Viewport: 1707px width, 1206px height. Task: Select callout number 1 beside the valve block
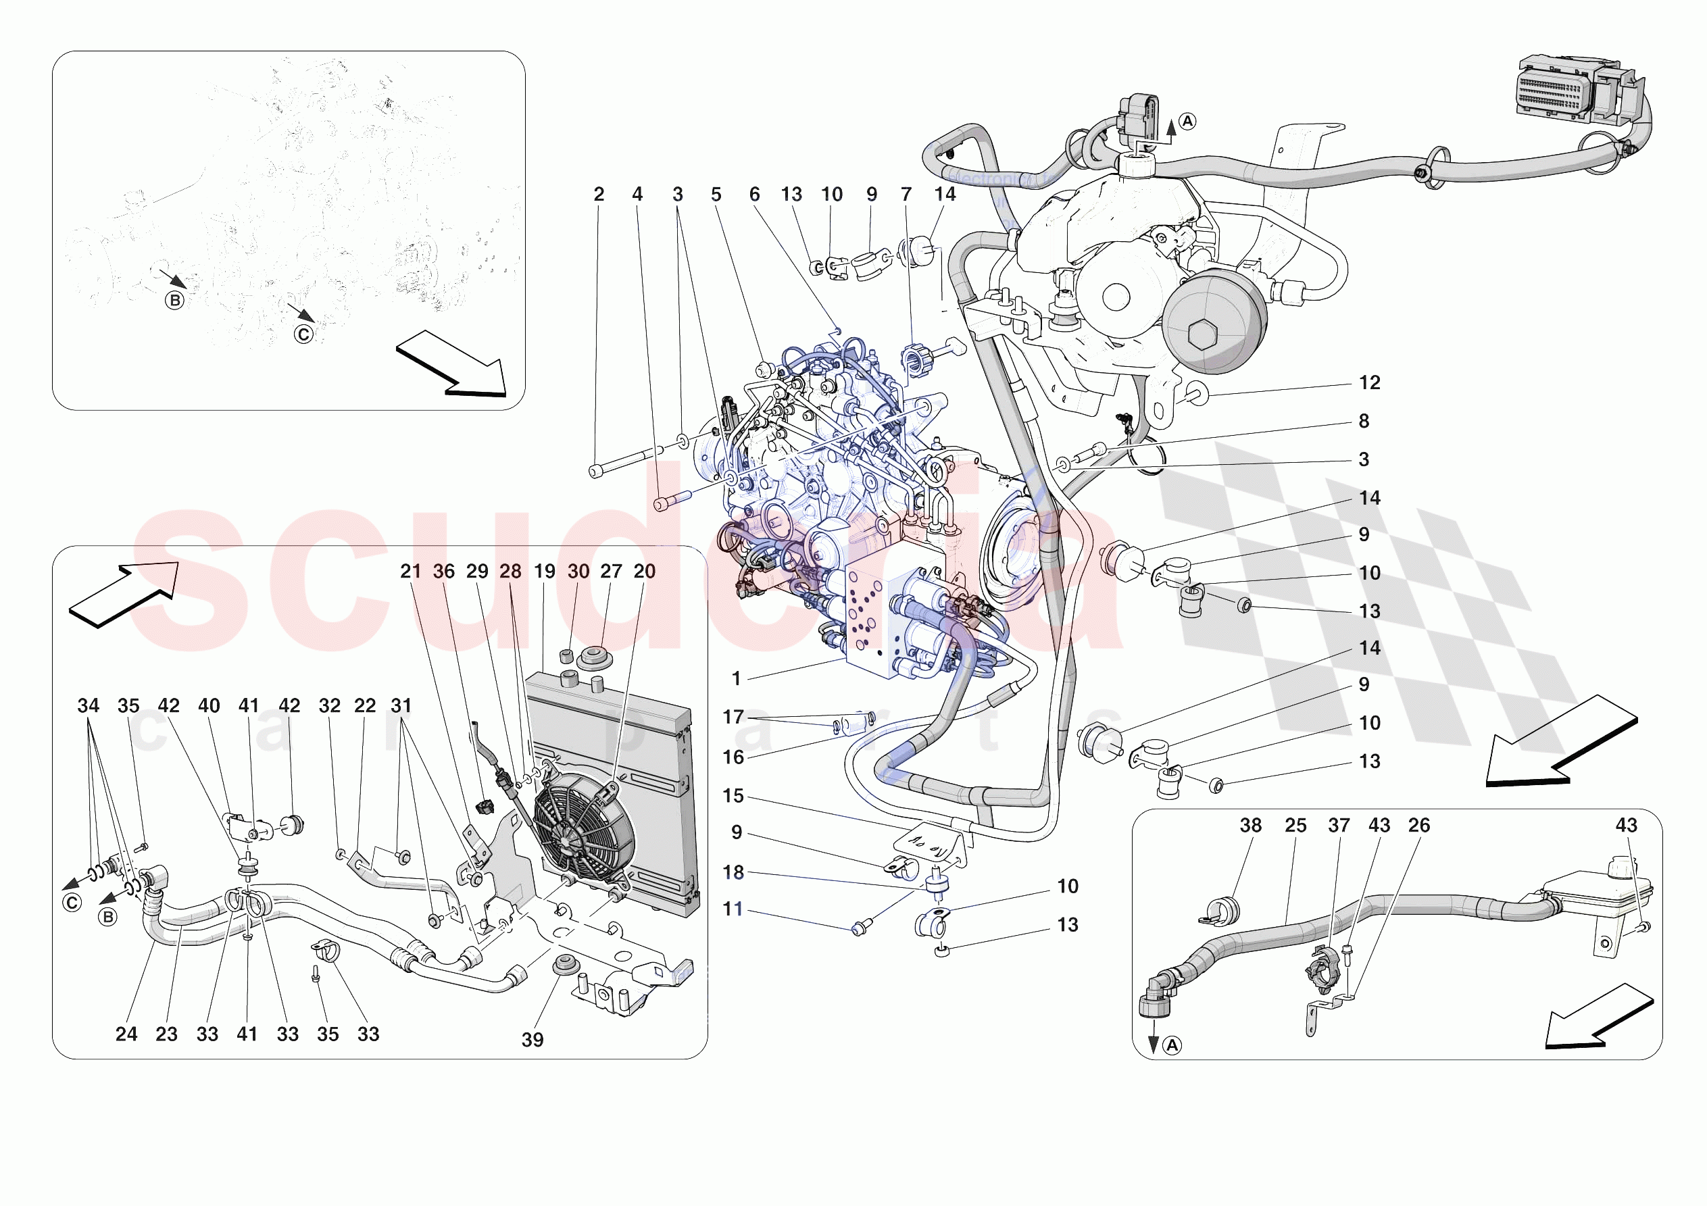click(736, 678)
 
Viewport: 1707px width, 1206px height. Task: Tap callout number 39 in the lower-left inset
click(533, 1039)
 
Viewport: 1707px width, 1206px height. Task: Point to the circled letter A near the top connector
click(1187, 121)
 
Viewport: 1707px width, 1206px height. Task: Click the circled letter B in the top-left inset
click(175, 301)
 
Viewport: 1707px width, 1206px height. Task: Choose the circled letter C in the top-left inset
click(303, 334)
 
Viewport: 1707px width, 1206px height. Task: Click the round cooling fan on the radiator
click(584, 826)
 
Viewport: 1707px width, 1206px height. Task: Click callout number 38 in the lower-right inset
click(1250, 826)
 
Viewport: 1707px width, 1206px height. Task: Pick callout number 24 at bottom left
click(126, 1034)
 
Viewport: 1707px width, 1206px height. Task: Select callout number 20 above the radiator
click(644, 571)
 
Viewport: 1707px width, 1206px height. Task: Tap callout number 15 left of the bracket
click(733, 796)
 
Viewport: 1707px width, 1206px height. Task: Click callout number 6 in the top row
click(755, 194)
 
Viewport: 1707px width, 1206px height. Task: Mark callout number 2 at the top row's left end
click(599, 194)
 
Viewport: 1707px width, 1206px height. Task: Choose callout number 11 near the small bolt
click(733, 909)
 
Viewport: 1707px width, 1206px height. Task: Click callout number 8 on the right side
click(1364, 421)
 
